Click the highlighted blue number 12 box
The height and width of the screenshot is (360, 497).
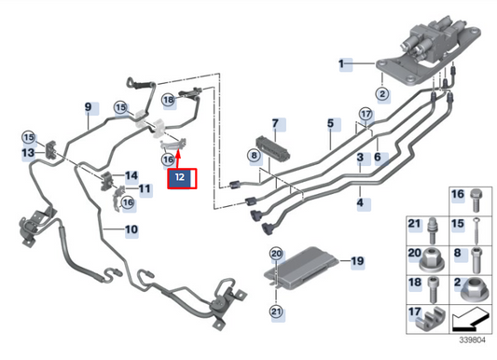183,175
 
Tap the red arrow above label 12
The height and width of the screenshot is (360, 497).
176,151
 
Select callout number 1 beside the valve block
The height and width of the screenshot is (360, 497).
343,63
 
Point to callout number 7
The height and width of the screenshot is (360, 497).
276,124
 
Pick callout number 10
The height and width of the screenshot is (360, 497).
131,228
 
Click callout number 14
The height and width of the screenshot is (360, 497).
131,175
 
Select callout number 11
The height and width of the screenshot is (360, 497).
145,189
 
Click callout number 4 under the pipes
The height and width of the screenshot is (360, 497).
360,201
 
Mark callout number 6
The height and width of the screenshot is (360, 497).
378,159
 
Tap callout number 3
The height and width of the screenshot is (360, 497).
360,160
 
